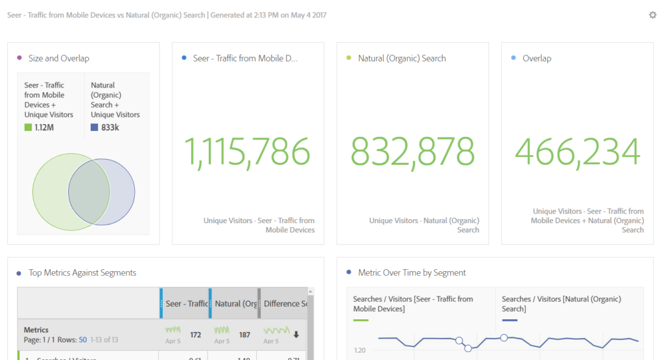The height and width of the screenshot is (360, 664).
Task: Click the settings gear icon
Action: (652, 15)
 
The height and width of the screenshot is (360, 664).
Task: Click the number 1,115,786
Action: (248, 151)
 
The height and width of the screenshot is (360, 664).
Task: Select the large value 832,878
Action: (413, 151)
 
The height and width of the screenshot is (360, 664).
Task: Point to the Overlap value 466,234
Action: (577, 151)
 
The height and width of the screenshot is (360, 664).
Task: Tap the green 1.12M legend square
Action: (29, 128)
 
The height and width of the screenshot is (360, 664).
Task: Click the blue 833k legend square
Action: (95, 128)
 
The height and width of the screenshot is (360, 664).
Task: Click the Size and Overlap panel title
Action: (59, 58)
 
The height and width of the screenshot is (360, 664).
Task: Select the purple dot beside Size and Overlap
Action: (19, 58)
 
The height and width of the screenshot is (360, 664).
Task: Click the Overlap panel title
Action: (537, 58)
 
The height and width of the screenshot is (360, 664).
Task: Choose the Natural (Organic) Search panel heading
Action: (402, 58)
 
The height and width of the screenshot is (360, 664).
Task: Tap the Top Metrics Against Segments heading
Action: (82, 273)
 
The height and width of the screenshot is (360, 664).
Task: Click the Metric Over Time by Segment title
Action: (412, 273)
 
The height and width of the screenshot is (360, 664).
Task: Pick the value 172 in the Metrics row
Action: (195, 335)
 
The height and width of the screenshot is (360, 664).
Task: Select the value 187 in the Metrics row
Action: (244, 335)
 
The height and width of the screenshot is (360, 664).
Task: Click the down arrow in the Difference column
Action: (296, 335)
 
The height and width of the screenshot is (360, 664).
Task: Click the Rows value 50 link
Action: (82, 340)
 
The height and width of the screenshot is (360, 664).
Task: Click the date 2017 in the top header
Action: (318, 15)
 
